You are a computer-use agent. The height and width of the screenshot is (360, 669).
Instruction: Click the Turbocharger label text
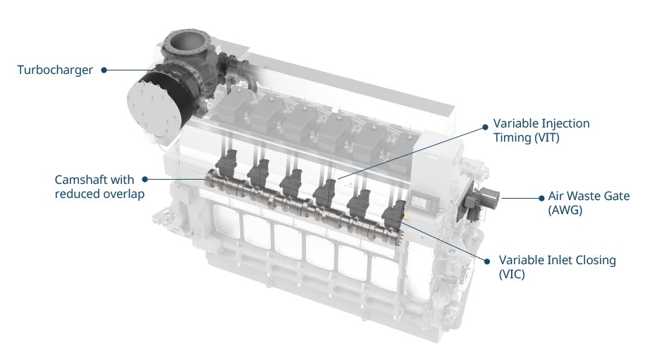(55, 70)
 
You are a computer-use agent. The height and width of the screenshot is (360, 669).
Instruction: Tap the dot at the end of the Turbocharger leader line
(104, 70)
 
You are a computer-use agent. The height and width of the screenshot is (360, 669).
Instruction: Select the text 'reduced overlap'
(99, 194)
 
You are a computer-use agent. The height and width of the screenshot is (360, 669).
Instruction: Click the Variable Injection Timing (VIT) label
(541, 130)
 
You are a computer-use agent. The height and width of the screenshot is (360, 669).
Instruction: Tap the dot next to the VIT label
(485, 128)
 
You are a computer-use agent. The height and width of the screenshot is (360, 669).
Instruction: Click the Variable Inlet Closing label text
(557, 260)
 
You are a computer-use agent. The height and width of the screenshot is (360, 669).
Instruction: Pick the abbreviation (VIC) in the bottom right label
(512, 273)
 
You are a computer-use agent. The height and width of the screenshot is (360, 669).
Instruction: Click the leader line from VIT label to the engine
(409, 154)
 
